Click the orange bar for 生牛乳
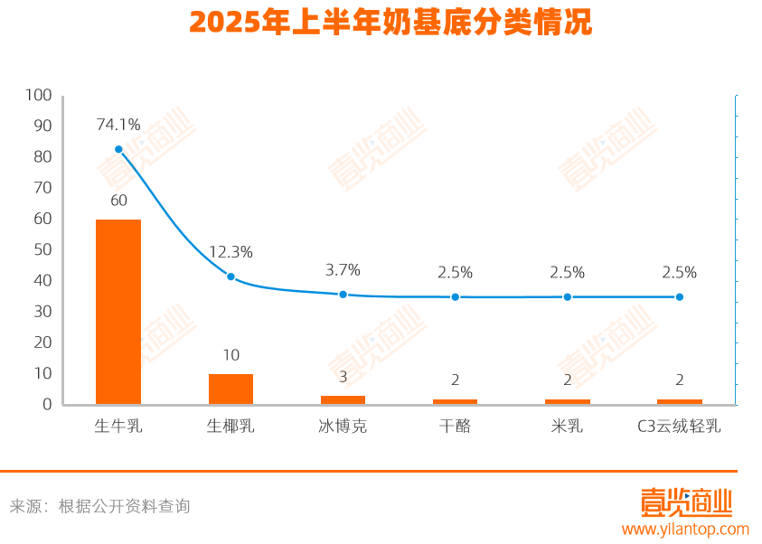coord(118,312)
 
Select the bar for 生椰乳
coord(230,389)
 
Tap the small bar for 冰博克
coord(343,399)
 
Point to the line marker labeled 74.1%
coord(118,149)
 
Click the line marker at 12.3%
coord(230,277)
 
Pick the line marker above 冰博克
coord(343,295)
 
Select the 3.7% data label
coord(343,270)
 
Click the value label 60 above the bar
coord(118,201)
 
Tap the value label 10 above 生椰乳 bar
coord(230,355)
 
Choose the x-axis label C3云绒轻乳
coord(679,427)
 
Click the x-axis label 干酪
coord(455,427)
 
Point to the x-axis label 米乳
coord(567,427)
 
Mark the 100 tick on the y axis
coord(39,95)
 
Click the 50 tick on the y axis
coord(42,249)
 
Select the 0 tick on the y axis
coord(47,405)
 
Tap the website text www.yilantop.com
coord(685,530)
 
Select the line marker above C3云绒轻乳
coord(679,297)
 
